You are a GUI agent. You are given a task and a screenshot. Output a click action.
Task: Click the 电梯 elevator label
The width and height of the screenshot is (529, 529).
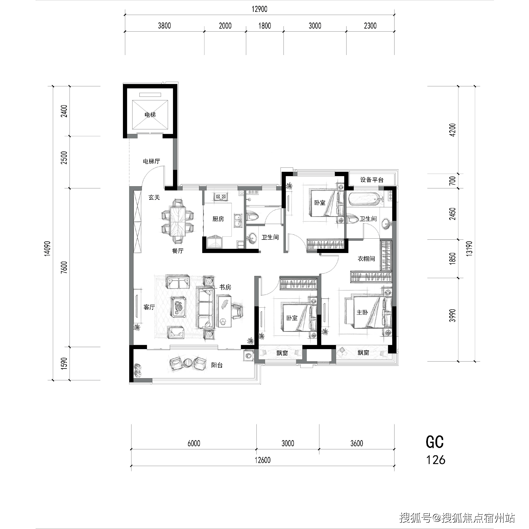[x=150, y=115]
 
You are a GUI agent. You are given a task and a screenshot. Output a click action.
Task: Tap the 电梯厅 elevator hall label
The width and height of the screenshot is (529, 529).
[x=151, y=161]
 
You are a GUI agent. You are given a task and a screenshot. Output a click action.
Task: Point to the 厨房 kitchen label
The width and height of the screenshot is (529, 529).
[x=218, y=219]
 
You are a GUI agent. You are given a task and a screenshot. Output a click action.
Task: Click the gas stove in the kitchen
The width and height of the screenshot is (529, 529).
[x=221, y=196]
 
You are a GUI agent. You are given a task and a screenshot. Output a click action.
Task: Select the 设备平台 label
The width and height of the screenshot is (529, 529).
[x=372, y=180]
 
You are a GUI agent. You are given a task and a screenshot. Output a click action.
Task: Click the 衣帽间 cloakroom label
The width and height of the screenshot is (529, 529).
[x=366, y=259]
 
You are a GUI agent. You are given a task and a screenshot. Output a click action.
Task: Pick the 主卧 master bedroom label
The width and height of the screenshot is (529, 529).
[x=362, y=312]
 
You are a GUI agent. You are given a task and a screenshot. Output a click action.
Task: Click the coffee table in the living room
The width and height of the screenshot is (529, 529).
[x=180, y=307]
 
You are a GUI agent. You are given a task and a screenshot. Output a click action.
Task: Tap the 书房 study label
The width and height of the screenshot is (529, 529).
[x=225, y=287]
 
